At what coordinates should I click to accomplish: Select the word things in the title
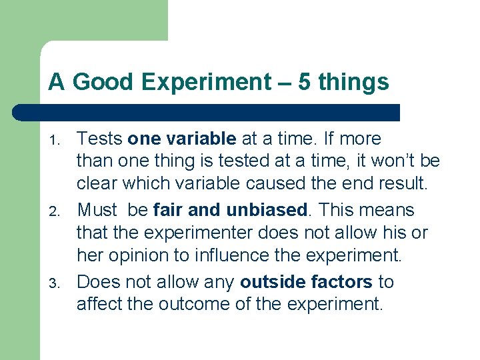point(353,82)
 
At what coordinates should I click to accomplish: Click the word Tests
point(99,139)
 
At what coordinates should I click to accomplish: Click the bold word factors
point(341,281)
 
